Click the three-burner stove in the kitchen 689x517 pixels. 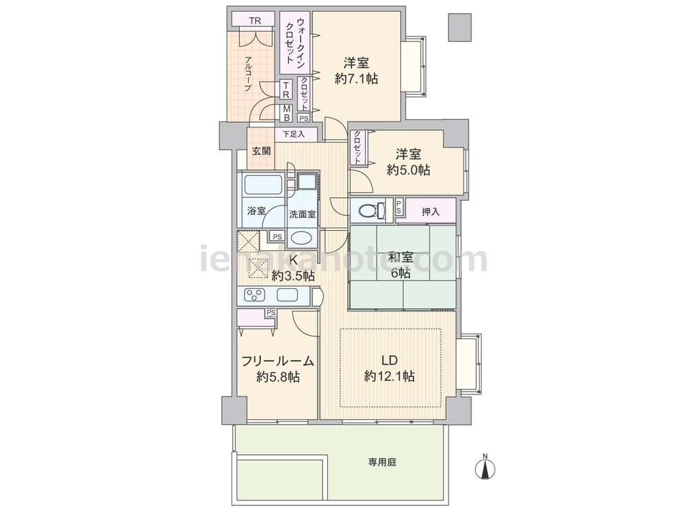(x=254, y=294)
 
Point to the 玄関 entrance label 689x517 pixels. (x=261, y=151)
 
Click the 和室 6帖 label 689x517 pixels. (x=401, y=265)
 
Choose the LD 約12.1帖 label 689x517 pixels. (x=389, y=368)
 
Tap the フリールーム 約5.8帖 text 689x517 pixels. (x=278, y=368)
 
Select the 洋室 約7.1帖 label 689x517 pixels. (x=356, y=71)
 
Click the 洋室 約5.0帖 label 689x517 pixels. (x=408, y=162)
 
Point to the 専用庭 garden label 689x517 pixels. (x=382, y=462)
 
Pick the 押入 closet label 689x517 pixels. (x=430, y=212)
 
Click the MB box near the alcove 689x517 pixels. (x=287, y=114)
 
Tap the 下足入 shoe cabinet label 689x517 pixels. (x=293, y=134)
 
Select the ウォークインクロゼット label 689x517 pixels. (x=296, y=42)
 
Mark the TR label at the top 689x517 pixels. (x=255, y=21)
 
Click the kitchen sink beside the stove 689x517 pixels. (x=287, y=294)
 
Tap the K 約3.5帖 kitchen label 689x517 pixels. (x=293, y=268)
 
